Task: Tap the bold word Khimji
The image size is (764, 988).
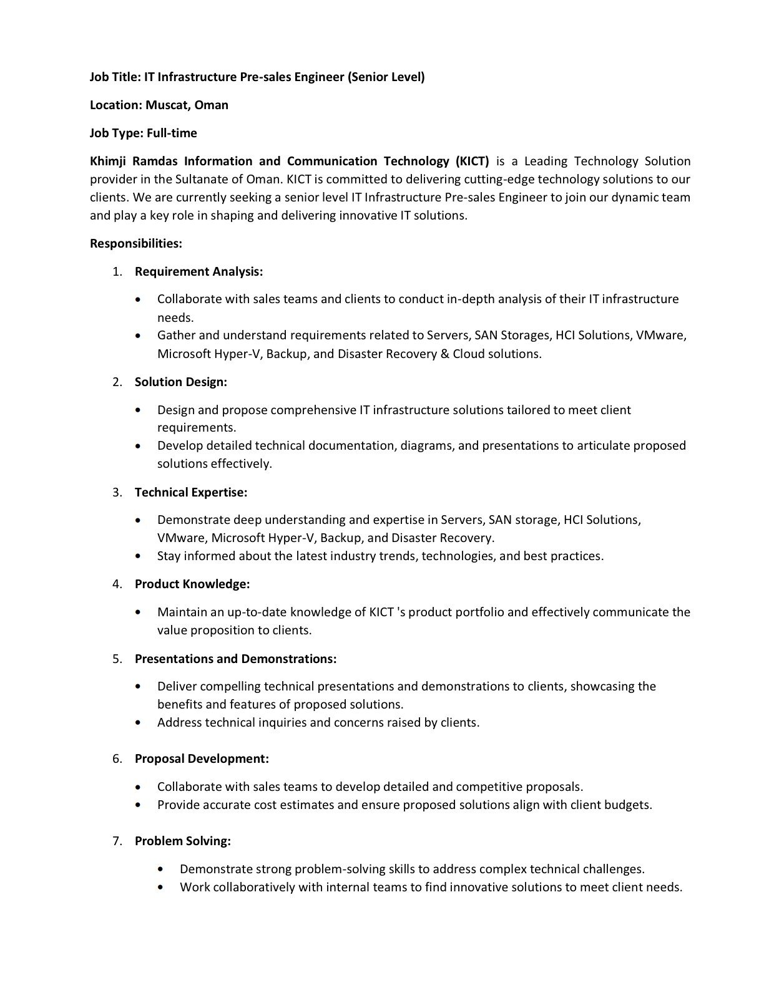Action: [109, 161]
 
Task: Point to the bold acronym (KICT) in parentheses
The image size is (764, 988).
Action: [472, 161]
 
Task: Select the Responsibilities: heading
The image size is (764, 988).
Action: [136, 243]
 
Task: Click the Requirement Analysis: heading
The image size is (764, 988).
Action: [198, 271]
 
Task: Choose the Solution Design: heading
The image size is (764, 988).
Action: [180, 382]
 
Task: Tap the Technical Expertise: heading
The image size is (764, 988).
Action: [190, 492]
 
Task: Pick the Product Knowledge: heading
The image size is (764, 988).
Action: [192, 584]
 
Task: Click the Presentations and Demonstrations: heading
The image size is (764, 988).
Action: [235, 659]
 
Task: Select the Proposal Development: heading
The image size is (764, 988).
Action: [202, 758]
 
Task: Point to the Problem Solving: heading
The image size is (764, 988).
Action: [182, 841]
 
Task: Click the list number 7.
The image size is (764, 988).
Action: [117, 841]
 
